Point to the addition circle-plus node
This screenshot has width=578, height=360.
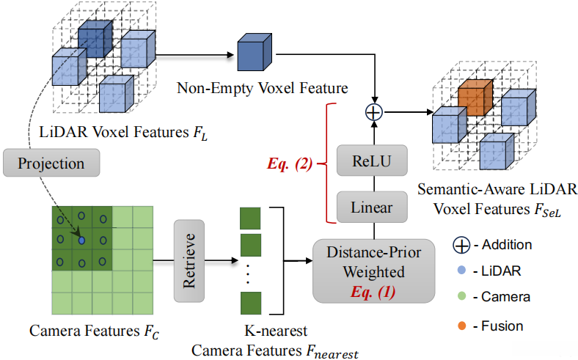tap(374, 111)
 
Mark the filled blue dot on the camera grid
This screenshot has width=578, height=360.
tap(81, 240)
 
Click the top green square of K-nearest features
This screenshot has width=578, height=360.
tap(251, 218)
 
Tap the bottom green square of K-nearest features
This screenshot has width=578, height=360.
tap(251, 302)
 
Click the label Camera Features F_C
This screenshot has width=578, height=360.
tap(95, 331)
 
